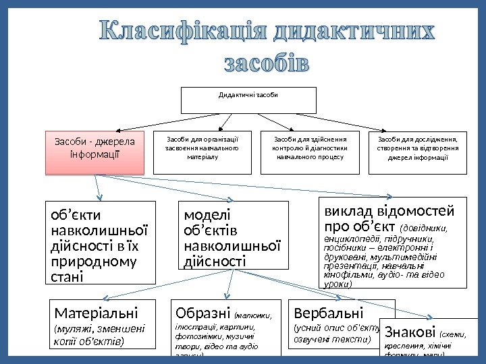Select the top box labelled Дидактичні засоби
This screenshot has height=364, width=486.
pyautogui.click(x=248, y=100)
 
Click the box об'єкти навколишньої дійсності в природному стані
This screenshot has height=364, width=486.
pyautogui.click(x=100, y=242)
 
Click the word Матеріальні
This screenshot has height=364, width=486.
pyautogui.click(x=95, y=313)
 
